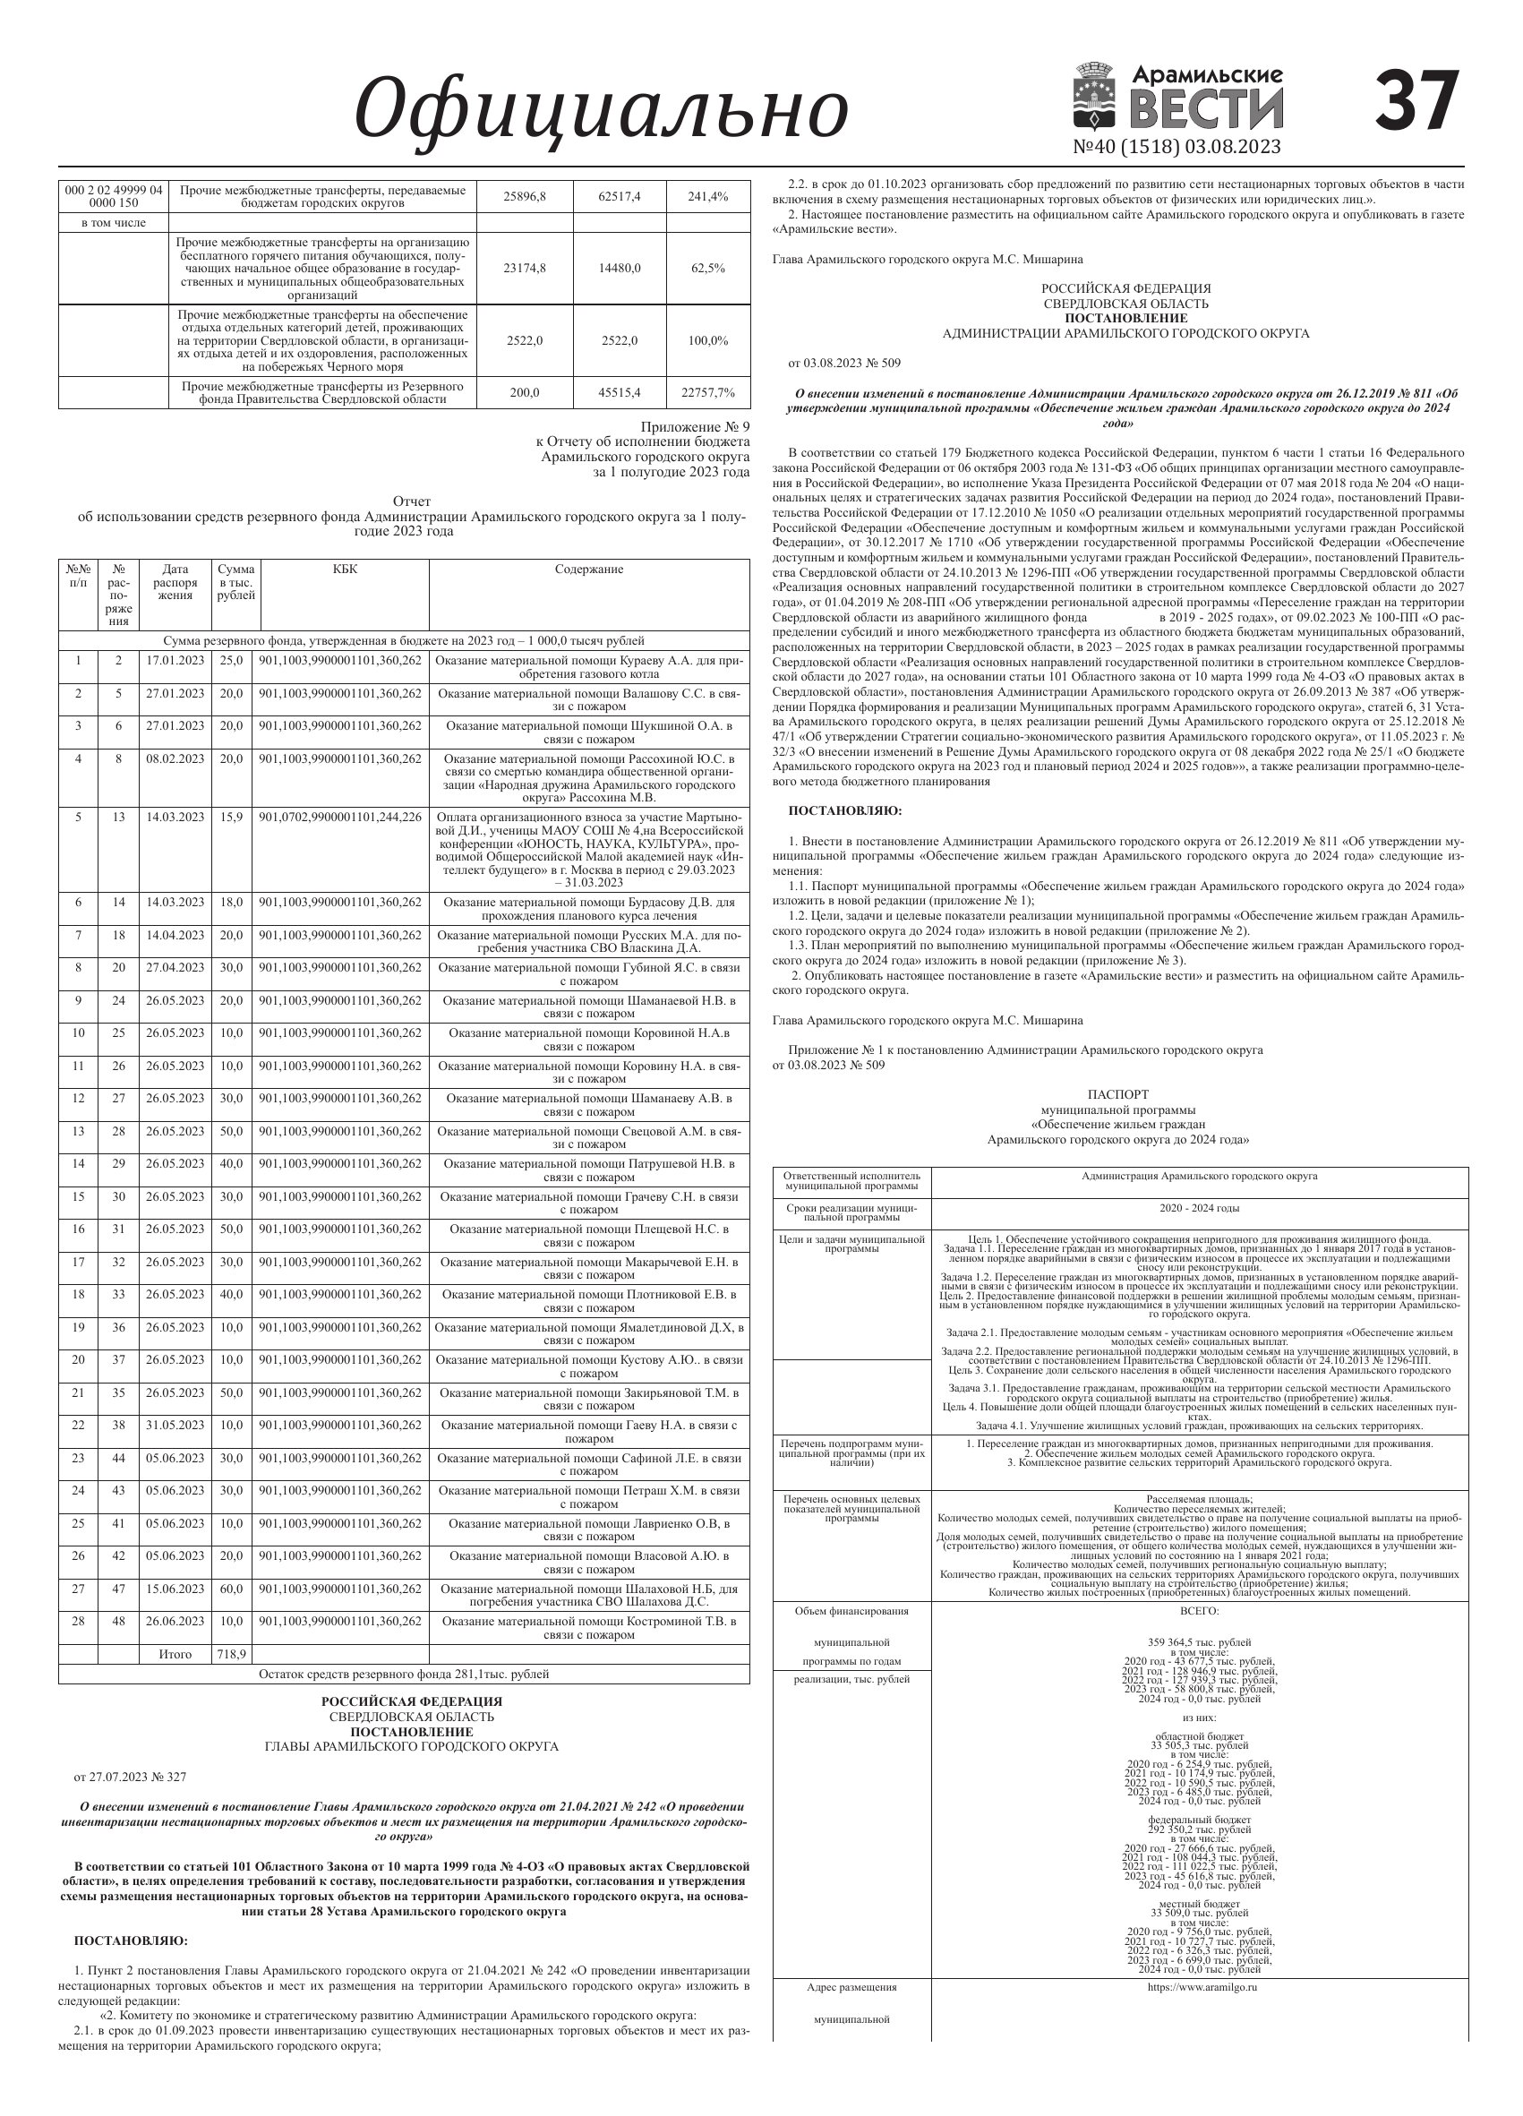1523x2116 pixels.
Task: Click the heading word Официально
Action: pyautogui.click(x=602, y=111)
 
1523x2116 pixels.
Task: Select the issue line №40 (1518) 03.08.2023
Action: pyautogui.click(x=1177, y=147)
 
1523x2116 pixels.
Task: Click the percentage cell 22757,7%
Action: pyautogui.click(x=708, y=393)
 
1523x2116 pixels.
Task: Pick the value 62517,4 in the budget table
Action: pyautogui.click(x=620, y=197)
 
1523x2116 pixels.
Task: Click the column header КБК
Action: pyautogui.click(x=344, y=570)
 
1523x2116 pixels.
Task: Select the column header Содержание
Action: pyautogui.click(x=588, y=570)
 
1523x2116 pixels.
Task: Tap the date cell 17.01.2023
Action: pyautogui.click(x=175, y=661)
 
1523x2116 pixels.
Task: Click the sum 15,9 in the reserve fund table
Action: pyautogui.click(x=231, y=818)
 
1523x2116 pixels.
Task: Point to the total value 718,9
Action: pyautogui.click(x=231, y=1654)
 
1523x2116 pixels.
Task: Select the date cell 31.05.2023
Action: pyautogui.click(x=175, y=1425)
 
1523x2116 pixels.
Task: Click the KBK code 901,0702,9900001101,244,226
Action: pyautogui.click(x=340, y=818)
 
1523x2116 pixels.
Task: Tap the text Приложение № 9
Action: pyautogui.click(x=707, y=427)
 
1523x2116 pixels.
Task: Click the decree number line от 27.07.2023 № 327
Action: pyautogui.click(x=131, y=1778)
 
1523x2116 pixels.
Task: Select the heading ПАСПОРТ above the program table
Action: pyautogui.click(x=1118, y=1094)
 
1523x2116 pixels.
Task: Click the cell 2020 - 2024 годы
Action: pyautogui.click(x=1200, y=1208)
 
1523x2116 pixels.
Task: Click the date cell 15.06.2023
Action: pyautogui.click(x=175, y=1589)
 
